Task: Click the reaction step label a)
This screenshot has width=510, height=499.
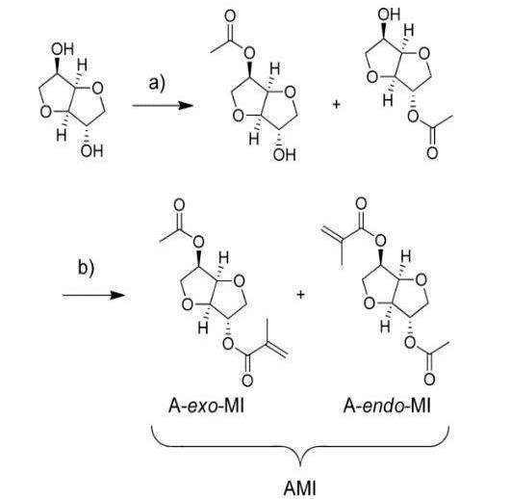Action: pos(157,83)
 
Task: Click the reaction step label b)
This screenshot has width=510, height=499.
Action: pos(86,268)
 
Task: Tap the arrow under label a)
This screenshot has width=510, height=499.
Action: pos(163,105)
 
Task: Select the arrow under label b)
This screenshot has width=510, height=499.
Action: pos(93,295)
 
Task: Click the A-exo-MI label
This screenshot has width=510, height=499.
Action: pos(206,406)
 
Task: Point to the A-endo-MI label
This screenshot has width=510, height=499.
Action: pos(387,406)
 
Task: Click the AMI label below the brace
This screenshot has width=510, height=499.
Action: pos(300,488)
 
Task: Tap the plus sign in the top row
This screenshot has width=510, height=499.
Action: pos(336,105)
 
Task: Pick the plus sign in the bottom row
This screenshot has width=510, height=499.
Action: pos(301,295)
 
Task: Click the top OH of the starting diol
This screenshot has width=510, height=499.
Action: pos(63,49)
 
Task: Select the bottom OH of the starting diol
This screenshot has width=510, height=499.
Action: pos(92,151)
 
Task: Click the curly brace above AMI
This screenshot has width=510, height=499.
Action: pos(300,445)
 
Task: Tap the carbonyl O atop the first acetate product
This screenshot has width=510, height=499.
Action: pos(230,16)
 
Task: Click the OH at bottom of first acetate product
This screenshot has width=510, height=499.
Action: pos(285,155)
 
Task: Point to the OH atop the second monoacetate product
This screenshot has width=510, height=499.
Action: pos(389,14)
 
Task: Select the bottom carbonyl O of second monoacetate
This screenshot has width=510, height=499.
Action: pos(432,153)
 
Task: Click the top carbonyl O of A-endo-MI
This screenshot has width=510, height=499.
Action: pos(361,203)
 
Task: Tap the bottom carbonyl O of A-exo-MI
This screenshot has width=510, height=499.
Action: pos(247,381)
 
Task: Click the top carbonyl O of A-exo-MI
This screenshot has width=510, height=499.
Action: pos(179,205)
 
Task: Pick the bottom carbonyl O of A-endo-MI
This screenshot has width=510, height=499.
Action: pos(429,380)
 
